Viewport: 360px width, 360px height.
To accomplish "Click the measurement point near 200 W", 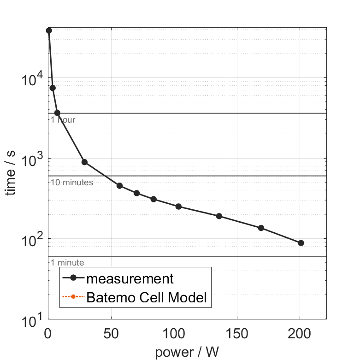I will (301, 243).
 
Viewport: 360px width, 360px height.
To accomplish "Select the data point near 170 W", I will (261, 228).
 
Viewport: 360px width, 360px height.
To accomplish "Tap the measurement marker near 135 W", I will (219, 216).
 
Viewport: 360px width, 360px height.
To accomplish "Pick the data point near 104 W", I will (178, 207).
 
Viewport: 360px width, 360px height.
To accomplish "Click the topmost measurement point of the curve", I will (49, 30).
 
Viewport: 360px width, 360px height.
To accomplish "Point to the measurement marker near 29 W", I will (84, 162).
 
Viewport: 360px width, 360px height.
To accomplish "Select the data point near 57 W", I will (119, 186).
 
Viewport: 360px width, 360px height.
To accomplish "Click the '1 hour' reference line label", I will (63, 120).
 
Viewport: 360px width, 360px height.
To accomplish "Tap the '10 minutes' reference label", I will (71, 183).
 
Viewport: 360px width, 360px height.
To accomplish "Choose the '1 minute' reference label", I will (67, 263).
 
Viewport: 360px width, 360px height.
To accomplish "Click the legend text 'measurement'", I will (130, 278).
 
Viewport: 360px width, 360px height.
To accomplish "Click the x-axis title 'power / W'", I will (187, 352).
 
